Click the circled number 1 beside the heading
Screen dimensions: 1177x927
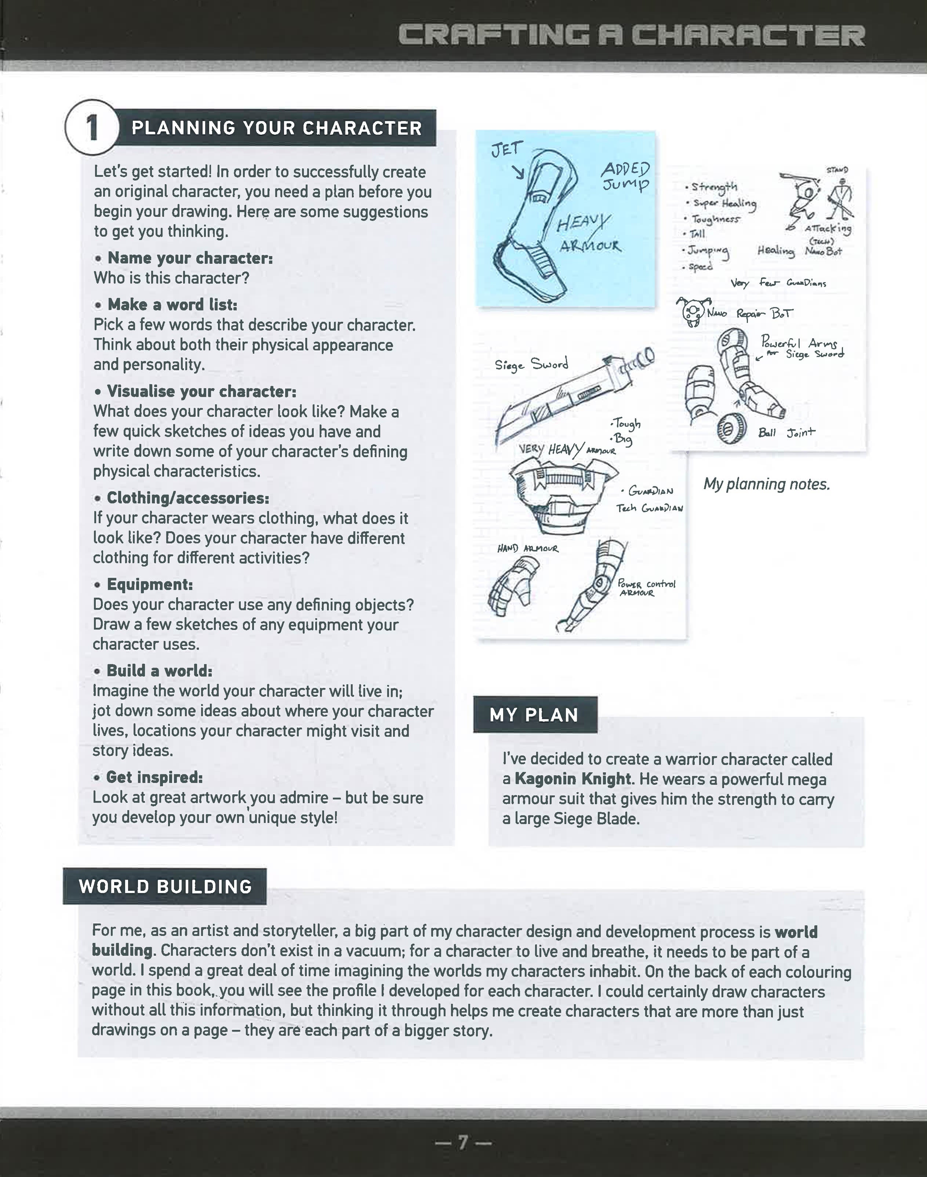[x=91, y=128]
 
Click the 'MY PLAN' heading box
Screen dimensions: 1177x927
[x=535, y=715]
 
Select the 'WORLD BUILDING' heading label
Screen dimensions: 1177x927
[x=165, y=886]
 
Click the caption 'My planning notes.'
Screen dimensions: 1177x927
[x=766, y=484]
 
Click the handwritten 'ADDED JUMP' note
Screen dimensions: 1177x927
[x=625, y=177]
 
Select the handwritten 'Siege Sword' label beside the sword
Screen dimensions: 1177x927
[x=531, y=364]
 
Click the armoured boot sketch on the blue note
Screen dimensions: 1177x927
[x=532, y=228]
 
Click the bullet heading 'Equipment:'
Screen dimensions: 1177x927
[x=149, y=584]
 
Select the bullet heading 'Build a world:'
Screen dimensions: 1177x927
[x=159, y=671]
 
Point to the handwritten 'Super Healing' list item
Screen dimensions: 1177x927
[x=724, y=203]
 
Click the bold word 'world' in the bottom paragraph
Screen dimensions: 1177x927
[x=796, y=932]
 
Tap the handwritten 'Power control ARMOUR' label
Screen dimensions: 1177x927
[x=646, y=588]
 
